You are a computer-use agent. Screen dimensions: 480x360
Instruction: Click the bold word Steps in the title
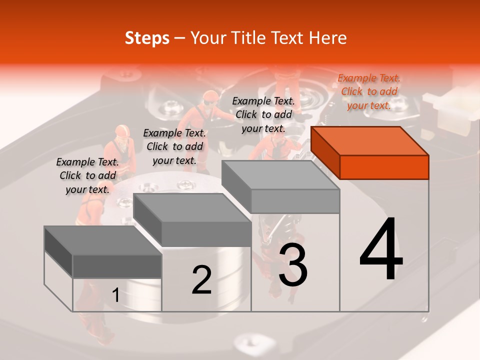[147, 38]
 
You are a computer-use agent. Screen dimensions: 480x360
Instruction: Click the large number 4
[381, 248]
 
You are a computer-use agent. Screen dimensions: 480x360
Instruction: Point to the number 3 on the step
[293, 264]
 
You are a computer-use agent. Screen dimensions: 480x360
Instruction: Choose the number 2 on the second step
[201, 279]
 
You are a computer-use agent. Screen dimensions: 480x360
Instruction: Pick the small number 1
[115, 295]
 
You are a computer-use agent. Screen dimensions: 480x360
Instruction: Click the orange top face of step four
[370, 141]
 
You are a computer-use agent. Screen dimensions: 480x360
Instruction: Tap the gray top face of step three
[280, 175]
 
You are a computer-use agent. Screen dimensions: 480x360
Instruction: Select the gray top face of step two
[192, 208]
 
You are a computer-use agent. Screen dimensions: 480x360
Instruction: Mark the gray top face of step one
[103, 240]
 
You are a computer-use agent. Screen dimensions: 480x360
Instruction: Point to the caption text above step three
[263, 115]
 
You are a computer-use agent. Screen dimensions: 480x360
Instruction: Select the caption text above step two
[174, 147]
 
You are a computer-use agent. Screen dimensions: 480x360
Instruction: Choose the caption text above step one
[87, 175]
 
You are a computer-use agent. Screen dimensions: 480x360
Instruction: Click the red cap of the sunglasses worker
[210, 96]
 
